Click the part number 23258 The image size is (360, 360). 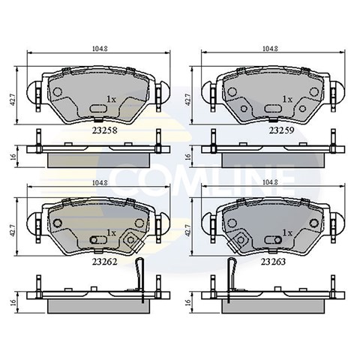point(105,130)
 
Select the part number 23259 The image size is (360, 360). point(282,130)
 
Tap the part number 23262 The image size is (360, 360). point(105,262)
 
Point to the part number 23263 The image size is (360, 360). point(273,262)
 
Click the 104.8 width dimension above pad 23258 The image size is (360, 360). point(100,49)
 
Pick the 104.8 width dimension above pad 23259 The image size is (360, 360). point(270,49)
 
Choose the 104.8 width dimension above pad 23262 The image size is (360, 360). point(100,183)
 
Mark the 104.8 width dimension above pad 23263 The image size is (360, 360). point(270,183)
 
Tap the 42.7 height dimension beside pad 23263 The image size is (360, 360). point(187,231)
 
